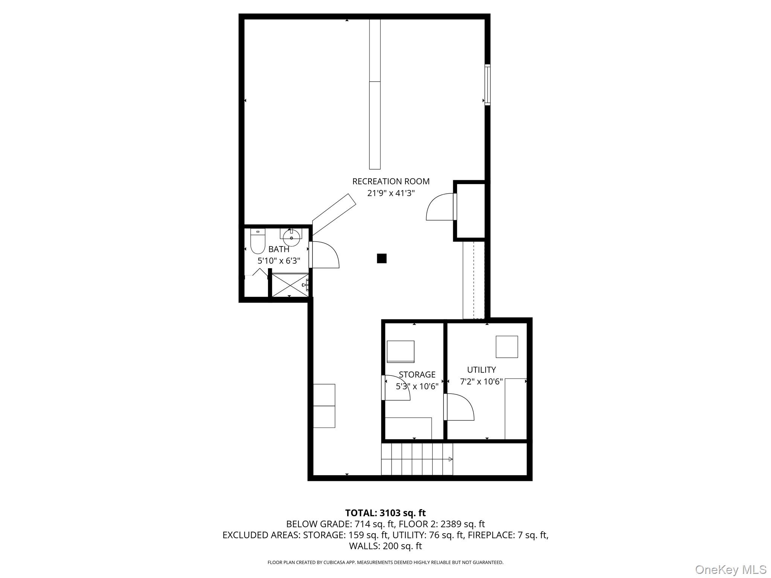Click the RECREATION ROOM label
[391, 181]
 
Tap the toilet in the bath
[258, 242]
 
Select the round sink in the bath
[291, 237]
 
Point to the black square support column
[381, 259]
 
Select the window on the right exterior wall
[487, 85]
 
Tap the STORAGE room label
[417, 374]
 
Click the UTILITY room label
[481, 370]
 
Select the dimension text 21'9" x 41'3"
[391, 193]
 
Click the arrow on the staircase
[450, 459]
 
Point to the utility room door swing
[460, 407]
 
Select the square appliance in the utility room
[506, 347]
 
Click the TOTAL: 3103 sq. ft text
[385, 513]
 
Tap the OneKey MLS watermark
[730, 569]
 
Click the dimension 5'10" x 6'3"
[279, 260]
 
